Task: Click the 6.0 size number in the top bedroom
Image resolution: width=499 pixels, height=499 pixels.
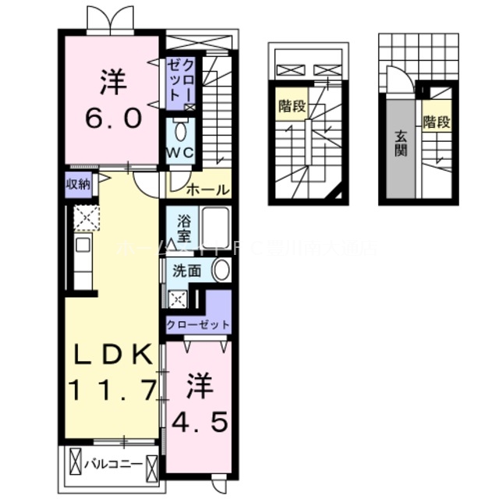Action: coord(113,119)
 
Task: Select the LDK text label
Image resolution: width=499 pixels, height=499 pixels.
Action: coord(113,356)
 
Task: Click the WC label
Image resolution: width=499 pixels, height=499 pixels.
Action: coord(179,152)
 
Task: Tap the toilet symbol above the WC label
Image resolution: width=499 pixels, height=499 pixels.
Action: coord(180,129)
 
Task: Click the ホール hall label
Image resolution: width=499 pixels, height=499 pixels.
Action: coord(208,189)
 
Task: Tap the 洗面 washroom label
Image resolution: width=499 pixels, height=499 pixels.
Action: coord(187,271)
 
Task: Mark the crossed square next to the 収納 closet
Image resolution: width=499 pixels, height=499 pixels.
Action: coord(85,218)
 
